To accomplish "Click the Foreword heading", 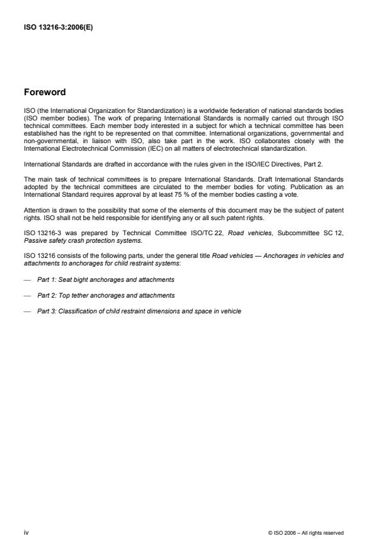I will [44, 92].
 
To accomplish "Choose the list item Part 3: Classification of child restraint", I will [139, 311].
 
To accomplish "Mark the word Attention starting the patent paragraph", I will [35, 212].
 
